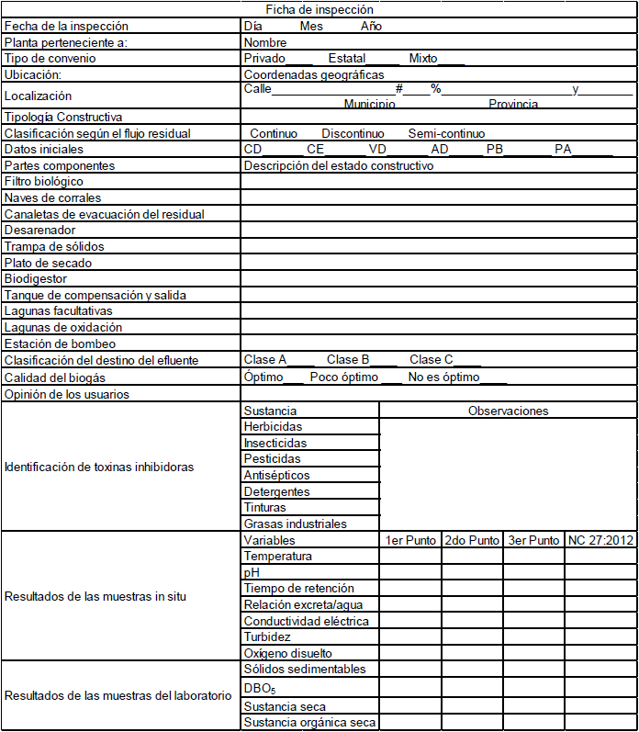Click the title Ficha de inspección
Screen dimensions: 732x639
(x=319, y=9)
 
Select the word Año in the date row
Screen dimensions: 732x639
(x=371, y=26)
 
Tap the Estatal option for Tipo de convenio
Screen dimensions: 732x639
(x=347, y=58)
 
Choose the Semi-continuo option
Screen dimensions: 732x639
(x=447, y=133)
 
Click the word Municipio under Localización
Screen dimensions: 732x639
(x=370, y=105)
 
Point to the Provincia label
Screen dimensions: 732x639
(x=513, y=105)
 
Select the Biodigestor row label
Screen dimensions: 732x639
(x=36, y=278)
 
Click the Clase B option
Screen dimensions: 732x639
(x=349, y=360)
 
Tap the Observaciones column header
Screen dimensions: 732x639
(x=508, y=411)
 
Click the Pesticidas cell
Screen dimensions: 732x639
(x=272, y=458)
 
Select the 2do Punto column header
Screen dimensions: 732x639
(x=472, y=540)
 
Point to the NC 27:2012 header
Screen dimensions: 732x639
(x=600, y=540)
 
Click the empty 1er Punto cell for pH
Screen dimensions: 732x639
(x=410, y=572)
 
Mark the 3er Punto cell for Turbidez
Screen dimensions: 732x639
(x=533, y=636)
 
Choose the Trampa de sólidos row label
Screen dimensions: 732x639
(x=54, y=246)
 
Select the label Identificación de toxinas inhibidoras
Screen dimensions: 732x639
(x=99, y=467)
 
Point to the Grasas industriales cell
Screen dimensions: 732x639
(x=295, y=524)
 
